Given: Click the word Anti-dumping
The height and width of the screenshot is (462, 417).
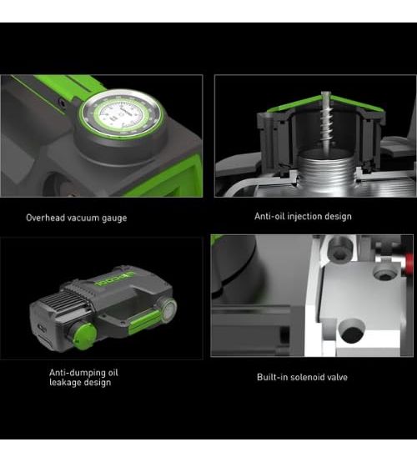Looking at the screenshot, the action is click(74, 373).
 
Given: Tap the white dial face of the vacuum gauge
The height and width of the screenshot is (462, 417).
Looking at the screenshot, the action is click(122, 114).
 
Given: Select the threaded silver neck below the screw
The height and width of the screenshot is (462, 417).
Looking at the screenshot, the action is click(327, 167).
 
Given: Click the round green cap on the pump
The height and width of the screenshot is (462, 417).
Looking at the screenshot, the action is click(84, 335).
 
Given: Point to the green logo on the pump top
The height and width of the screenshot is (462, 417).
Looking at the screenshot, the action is click(114, 279).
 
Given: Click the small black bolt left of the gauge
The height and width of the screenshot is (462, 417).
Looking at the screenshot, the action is click(62, 103).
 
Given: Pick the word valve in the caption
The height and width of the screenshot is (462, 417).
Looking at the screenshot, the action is click(338, 377).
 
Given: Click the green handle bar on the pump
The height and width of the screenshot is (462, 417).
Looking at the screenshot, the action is click(144, 321).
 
